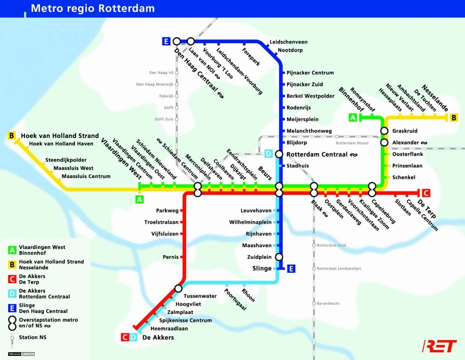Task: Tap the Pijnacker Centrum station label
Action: click(x=310, y=73)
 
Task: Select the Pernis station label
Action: click(x=171, y=257)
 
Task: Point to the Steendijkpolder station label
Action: click(x=66, y=160)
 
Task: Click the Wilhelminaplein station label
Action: click(x=250, y=222)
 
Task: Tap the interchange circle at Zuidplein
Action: click(x=279, y=257)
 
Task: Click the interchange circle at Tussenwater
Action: click(x=178, y=289)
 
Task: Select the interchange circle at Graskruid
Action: click(x=384, y=131)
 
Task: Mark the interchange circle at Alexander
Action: click(x=384, y=143)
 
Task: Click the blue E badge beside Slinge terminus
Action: click(x=291, y=269)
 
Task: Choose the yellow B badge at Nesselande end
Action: click(x=454, y=118)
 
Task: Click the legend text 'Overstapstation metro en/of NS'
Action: click(x=48, y=323)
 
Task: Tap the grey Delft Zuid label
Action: click(x=163, y=119)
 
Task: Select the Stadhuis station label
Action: click(x=297, y=166)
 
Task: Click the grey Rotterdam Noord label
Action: click(x=352, y=143)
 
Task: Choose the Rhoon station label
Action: click(x=248, y=296)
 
